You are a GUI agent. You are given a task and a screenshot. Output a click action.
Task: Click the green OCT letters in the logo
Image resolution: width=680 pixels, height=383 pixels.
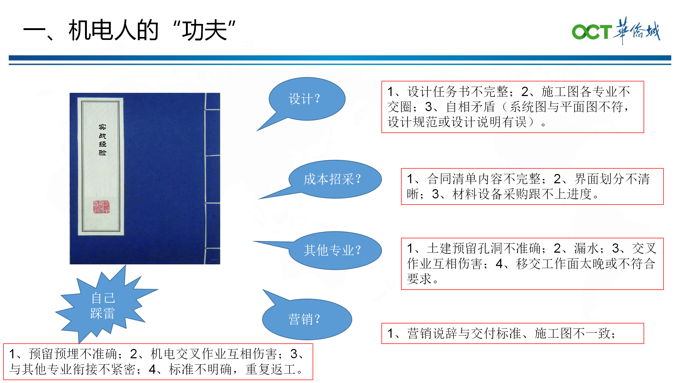[592, 32]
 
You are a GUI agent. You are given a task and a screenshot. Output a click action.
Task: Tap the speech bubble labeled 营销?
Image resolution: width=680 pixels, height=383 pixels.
[307, 319]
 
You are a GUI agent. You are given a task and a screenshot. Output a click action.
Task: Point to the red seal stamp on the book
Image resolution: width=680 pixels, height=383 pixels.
[101, 207]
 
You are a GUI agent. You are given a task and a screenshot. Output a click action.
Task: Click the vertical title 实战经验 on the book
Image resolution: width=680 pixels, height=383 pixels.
[102, 140]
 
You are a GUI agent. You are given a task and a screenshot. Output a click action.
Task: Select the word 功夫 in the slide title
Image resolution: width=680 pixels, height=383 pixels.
[204, 31]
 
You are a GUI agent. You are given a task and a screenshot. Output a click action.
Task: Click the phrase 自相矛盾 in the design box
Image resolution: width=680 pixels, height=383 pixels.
[470, 107]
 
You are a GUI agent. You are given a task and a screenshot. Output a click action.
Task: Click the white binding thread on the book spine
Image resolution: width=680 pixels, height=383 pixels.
[205, 178]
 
